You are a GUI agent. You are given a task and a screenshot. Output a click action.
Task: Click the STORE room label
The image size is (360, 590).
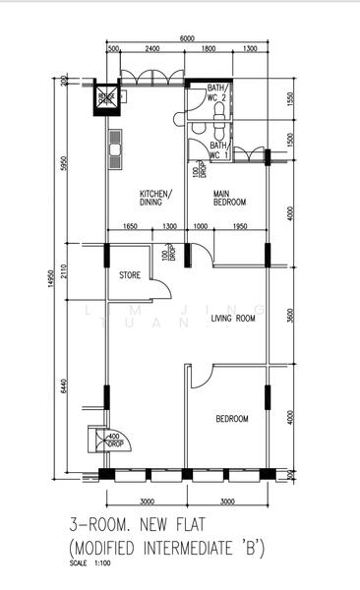pyautogui.click(x=129, y=274)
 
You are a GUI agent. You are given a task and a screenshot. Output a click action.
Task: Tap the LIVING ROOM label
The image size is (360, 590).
pyautogui.click(x=233, y=319)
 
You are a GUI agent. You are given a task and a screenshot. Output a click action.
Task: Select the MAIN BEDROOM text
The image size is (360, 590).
pyautogui.click(x=230, y=198)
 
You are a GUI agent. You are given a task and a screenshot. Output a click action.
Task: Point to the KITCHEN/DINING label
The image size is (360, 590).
pyautogui.click(x=156, y=198)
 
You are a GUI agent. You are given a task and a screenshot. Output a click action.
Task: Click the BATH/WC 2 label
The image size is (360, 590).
pyautogui.click(x=217, y=93)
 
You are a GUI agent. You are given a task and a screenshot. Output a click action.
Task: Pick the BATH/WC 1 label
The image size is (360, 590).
pyautogui.click(x=217, y=149)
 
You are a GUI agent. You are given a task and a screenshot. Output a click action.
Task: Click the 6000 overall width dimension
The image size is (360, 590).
pyautogui.click(x=187, y=38)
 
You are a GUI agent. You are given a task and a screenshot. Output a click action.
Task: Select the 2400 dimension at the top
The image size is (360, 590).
pyautogui.click(x=151, y=49)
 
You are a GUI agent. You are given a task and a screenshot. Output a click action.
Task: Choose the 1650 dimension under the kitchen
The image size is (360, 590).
pyautogui.click(x=130, y=227)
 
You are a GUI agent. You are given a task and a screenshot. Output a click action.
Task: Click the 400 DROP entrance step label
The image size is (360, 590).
pyautogui.click(x=113, y=439)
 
